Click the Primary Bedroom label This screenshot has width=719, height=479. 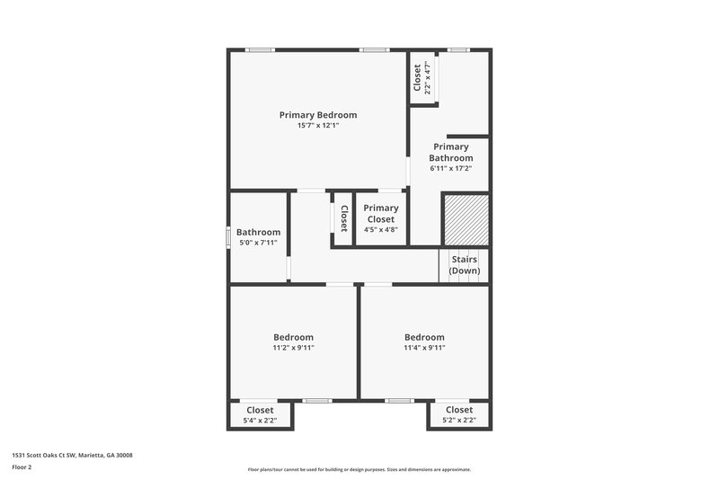pyautogui.click(x=317, y=115)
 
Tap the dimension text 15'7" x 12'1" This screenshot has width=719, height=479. pyautogui.click(x=317, y=126)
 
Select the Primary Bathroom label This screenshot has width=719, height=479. pyautogui.click(x=450, y=152)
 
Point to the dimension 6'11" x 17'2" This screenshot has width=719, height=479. pyautogui.click(x=450, y=168)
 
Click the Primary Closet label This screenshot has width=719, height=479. pyautogui.click(x=380, y=213)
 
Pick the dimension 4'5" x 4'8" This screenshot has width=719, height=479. pyautogui.click(x=380, y=229)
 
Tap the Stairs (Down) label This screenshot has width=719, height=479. pyautogui.click(x=465, y=265)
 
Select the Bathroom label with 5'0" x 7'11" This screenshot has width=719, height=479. pyautogui.click(x=259, y=232)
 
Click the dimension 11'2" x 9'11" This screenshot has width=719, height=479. pyautogui.click(x=294, y=348)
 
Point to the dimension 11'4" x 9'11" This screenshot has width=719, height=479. pyautogui.click(x=424, y=348)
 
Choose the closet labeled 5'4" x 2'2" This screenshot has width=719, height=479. pyautogui.click(x=260, y=415)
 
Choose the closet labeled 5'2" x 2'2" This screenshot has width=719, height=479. pyautogui.click(x=458, y=415)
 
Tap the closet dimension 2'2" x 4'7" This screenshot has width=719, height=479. pyautogui.click(x=428, y=78)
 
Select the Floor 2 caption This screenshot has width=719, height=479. pyautogui.click(x=22, y=467)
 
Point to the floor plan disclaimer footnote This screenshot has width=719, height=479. pyautogui.click(x=359, y=469)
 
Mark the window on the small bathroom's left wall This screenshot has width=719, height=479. pyautogui.click(x=228, y=237)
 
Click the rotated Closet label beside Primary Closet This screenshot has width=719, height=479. pyautogui.click(x=342, y=218)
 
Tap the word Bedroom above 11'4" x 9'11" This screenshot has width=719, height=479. pyautogui.click(x=424, y=337)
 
